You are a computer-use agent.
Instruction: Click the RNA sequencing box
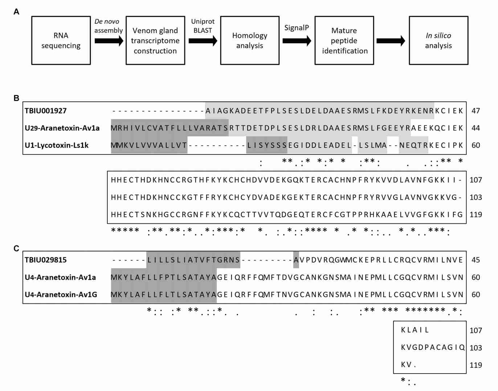pyautogui.click(x=61, y=40)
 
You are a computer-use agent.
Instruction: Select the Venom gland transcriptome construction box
pyautogui.click(x=155, y=40)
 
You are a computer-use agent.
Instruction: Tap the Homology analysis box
pyautogui.click(x=250, y=40)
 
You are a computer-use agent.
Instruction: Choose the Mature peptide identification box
pyautogui.click(x=344, y=40)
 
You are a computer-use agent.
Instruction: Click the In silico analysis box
pyautogui.click(x=438, y=40)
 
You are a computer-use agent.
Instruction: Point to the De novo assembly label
pyautogui.click(x=108, y=26)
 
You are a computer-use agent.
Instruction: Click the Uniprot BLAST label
pyautogui.click(x=203, y=26)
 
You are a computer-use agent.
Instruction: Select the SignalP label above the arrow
pyautogui.click(x=296, y=28)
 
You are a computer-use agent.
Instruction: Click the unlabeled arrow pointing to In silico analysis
pyautogui.click(x=391, y=41)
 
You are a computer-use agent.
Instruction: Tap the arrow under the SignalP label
pyautogui.click(x=297, y=41)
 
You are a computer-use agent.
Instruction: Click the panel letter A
pyautogui.click(x=16, y=12)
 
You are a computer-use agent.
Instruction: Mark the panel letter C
pyautogui.click(x=16, y=249)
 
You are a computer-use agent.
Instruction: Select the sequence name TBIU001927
pyautogui.click(x=46, y=111)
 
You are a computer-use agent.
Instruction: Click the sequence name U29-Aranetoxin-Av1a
pyautogui.click(x=62, y=128)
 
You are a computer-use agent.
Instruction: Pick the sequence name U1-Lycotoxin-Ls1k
pyautogui.click(x=57, y=145)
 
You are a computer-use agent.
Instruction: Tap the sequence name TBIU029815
pyautogui.click(x=46, y=260)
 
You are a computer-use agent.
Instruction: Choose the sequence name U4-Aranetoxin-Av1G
pyautogui.click(x=61, y=294)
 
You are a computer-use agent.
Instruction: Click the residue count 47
pyautogui.click(x=475, y=111)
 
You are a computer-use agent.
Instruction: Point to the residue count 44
pyautogui.click(x=475, y=128)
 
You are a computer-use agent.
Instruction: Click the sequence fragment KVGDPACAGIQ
pyautogui.click(x=433, y=347)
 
